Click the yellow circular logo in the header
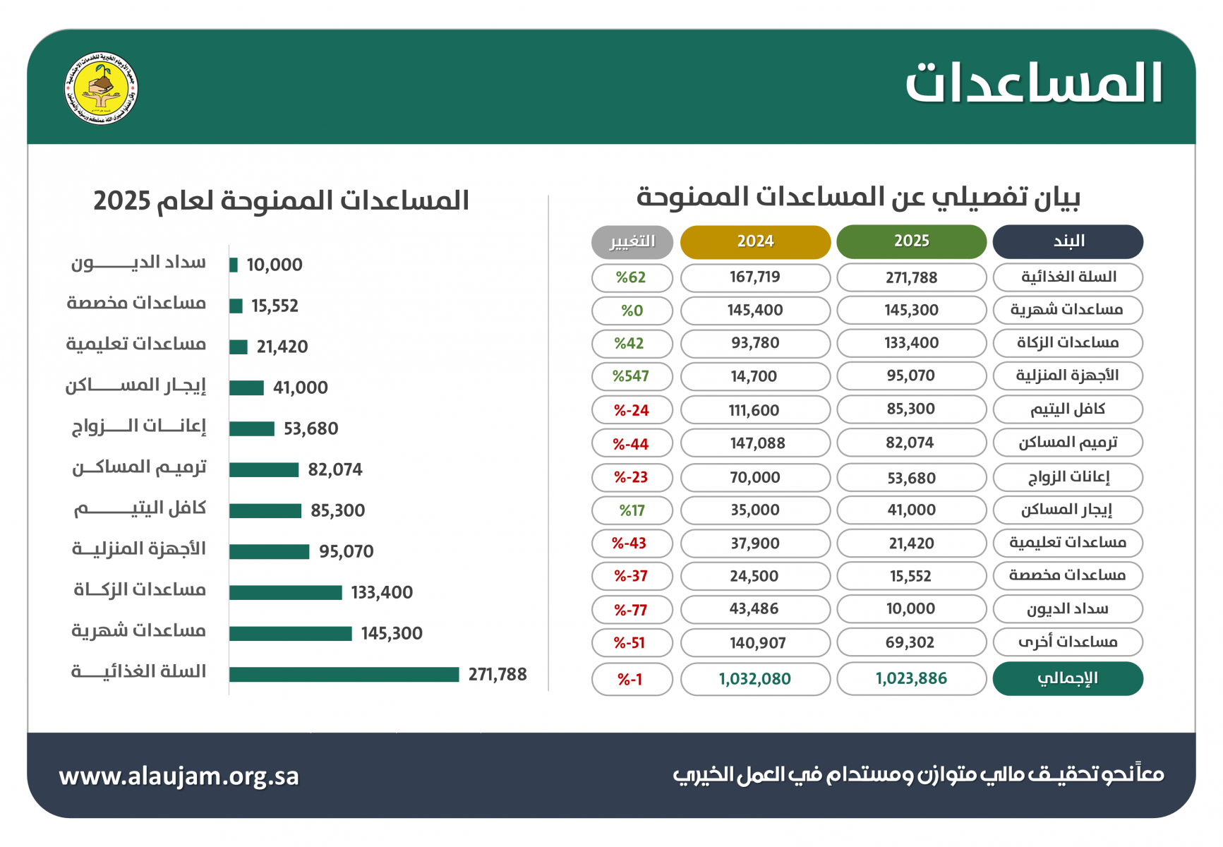[101, 89]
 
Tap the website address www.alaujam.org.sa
[179, 776]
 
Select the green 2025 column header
[911, 241]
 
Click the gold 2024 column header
[755, 241]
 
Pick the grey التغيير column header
[632, 241]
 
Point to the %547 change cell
[632, 376]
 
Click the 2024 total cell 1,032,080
[755, 679]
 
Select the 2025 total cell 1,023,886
[911, 679]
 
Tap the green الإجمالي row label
[1067, 679]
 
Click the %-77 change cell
[632, 610]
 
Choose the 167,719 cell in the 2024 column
[755, 277]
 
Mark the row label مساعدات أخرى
[1067, 642]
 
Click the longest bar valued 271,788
[344, 675]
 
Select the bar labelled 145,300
[290, 634]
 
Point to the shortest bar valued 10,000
[234, 265]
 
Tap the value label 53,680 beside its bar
[311, 429]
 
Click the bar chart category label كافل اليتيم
[140, 509]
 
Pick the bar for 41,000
[246, 388]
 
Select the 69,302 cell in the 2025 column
[911, 642]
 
